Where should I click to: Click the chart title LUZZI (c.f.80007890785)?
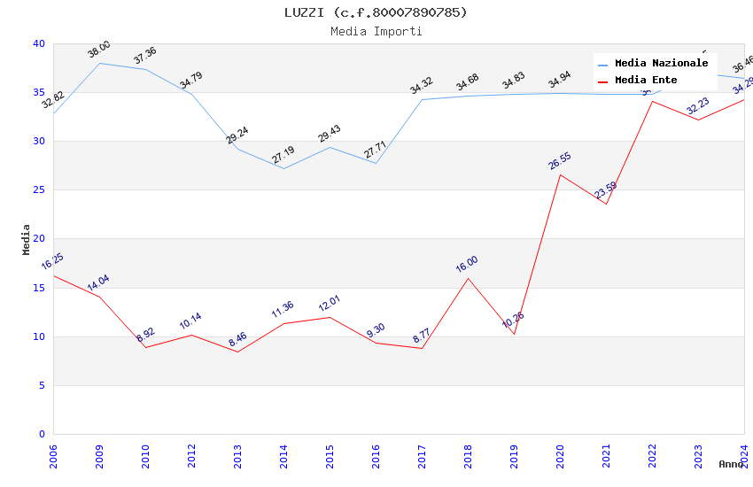376,12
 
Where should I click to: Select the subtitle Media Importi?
376,32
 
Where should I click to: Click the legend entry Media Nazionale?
661,64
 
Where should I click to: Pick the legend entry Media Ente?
646,81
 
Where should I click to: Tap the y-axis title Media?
26,239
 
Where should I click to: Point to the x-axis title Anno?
731,464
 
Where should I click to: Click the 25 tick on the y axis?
39,190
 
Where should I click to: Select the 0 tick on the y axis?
42,434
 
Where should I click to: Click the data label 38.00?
99,50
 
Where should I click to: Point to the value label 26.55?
560,161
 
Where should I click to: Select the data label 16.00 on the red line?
467,264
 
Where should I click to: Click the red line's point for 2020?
560,174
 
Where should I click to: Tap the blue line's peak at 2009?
99,63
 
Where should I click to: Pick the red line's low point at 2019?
514,334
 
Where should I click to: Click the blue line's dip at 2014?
283,168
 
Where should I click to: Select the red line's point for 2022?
652,101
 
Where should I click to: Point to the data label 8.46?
238,339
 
